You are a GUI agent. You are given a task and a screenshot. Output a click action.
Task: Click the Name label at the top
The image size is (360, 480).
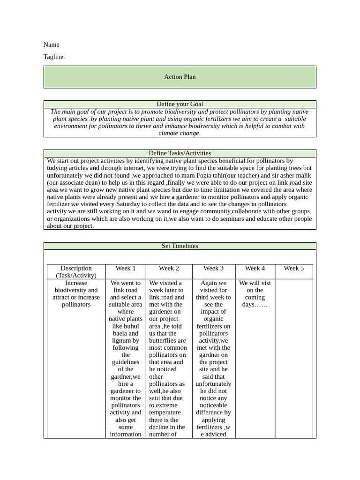click(51, 45)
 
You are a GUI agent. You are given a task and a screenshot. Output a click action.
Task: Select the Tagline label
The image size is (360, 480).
click(54, 57)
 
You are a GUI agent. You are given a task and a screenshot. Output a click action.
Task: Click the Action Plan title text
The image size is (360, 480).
click(180, 77)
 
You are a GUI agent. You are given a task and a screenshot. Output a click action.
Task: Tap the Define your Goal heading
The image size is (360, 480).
click(180, 104)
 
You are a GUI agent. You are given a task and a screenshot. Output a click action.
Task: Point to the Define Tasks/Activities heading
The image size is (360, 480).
click(180, 153)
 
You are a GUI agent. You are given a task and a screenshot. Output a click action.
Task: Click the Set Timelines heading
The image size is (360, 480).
click(180, 246)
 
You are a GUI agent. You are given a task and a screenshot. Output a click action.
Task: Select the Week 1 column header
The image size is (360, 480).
click(126, 268)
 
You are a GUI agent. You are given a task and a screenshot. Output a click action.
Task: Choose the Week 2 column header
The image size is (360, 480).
click(169, 268)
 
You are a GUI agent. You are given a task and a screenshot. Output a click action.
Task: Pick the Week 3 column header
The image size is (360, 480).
click(213, 268)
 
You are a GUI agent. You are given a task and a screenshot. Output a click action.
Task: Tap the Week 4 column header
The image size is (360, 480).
click(255, 268)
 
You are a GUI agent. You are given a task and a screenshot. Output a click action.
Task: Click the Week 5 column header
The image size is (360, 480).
click(293, 268)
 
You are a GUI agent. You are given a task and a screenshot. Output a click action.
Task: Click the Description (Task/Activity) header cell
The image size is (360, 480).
click(76, 272)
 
